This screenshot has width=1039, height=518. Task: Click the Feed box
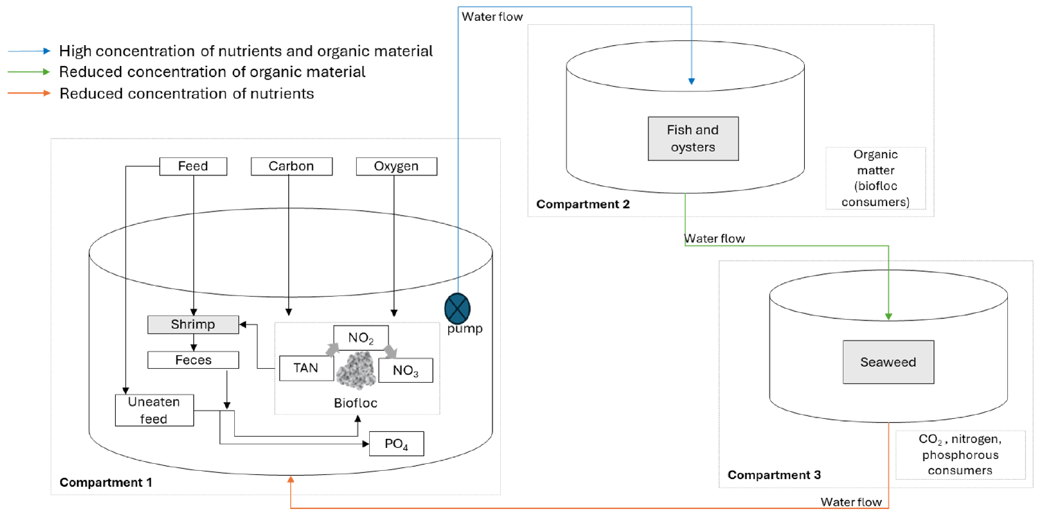click(193, 166)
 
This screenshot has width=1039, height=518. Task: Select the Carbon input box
click(292, 166)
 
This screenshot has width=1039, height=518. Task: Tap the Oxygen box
click(396, 166)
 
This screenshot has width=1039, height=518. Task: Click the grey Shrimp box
click(193, 324)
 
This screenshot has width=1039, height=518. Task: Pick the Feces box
click(193, 360)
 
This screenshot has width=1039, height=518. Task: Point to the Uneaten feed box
click(153, 411)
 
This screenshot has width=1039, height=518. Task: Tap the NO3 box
click(405, 370)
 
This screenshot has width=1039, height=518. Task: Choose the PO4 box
click(396, 444)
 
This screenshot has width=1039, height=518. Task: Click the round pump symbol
click(457, 306)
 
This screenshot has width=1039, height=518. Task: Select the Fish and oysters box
click(693, 138)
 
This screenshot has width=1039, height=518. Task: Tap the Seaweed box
click(888, 362)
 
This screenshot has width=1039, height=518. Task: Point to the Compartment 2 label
click(583, 205)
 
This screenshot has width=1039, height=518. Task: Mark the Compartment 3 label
click(774, 475)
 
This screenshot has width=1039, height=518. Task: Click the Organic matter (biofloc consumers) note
click(876, 178)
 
